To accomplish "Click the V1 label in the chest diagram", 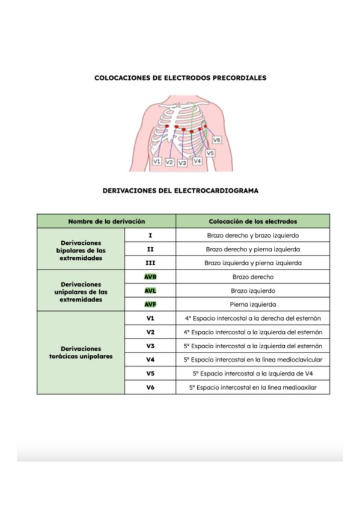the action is click(x=156, y=162).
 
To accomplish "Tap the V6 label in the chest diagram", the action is click(x=217, y=140).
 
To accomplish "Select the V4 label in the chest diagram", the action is click(x=197, y=161).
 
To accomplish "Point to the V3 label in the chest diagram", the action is click(x=182, y=163).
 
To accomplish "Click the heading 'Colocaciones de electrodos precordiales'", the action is click(x=180, y=78).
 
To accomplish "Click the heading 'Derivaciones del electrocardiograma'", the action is click(x=180, y=190).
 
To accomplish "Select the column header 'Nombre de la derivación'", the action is click(x=106, y=221).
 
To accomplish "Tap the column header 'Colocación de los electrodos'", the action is click(x=252, y=221).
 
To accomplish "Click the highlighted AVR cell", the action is click(x=150, y=277).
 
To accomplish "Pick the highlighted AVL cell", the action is click(x=150, y=290).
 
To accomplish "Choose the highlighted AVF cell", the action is click(x=150, y=304).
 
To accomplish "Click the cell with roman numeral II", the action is click(x=150, y=249).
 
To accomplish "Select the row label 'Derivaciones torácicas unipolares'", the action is click(x=81, y=352).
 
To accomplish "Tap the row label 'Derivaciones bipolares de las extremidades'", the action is click(x=81, y=249).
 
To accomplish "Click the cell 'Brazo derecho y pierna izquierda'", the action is click(x=252, y=249).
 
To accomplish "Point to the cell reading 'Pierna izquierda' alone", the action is click(x=252, y=304).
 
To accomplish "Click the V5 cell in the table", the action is click(x=150, y=373).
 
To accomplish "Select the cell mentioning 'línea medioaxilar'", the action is click(x=252, y=387).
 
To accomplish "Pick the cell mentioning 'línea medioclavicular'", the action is click(x=252, y=360).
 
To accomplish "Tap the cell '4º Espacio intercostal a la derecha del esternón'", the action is click(x=252, y=318).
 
